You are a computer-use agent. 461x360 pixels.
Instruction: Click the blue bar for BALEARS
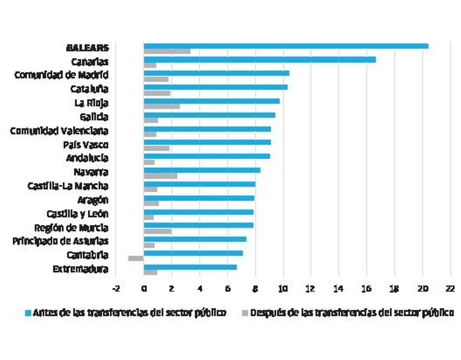pyautogui.click(x=286, y=46)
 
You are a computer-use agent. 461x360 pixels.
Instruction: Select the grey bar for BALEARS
pyautogui.click(x=167, y=51)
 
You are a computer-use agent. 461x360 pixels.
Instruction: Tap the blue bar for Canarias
pyautogui.click(x=260, y=60)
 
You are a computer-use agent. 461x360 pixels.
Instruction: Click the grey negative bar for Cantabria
pyautogui.click(x=136, y=258)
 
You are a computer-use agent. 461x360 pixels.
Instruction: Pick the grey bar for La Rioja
pyautogui.click(x=162, y=106)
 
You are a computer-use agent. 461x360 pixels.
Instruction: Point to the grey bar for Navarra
pyautogui.click(x=161, y=176)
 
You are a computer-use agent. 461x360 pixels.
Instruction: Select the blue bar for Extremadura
pyautogui.click(x=190, y=267)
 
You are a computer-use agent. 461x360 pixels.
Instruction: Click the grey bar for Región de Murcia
pyautogui.click(x=158, y=231)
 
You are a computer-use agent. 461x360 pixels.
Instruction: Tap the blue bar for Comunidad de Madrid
pyautogui.click(x=216, y=73)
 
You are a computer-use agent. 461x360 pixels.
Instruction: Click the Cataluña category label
pyautogui.click(x=89, y=89)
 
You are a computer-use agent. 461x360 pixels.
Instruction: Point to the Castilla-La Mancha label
pyautogui.click(x=68, y=186)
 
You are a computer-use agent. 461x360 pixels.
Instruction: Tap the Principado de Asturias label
pyautogui.click(x=60, y=241)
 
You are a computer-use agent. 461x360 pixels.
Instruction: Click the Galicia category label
pyautogui.click(x=91, y=117)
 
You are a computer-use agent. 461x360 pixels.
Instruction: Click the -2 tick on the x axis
pyautogui.click(x=116, y=289)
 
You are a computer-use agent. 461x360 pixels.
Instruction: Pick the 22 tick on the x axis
pyautogui.click(x=450, y=289)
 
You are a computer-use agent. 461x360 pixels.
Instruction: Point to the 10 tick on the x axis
pyautogui.click(x=283, y=289)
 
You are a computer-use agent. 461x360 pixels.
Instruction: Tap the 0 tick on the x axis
pyautogui.click(x=144, y=289)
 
